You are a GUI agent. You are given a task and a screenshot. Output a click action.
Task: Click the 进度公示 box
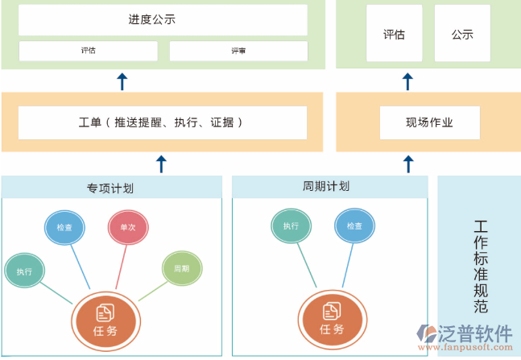pos(163,20)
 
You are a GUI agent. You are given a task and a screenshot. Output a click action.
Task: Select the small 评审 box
pos(238,51)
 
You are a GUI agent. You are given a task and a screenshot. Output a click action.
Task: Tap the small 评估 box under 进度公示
pos(88,51)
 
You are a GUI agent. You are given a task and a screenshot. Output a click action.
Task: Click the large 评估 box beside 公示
pos(395,34)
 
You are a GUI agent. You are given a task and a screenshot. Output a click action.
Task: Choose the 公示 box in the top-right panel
pos(461,34)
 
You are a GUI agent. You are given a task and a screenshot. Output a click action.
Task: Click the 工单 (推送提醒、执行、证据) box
pos(163,122)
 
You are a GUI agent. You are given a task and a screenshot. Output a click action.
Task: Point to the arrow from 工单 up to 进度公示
pos(122,81)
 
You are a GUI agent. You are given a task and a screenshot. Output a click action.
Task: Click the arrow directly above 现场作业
pos(407,81)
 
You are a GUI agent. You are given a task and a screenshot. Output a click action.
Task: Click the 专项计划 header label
pos(111,188)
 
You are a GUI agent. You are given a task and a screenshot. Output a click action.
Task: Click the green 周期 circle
pos(181,268)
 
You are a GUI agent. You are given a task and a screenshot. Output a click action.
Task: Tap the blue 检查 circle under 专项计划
pos(64,228)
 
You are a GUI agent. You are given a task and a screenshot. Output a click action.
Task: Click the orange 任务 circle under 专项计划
pos(105,319)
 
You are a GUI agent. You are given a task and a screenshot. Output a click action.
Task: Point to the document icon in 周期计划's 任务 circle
pos(331,311)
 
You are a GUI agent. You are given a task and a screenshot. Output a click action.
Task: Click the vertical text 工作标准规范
pos(481,266)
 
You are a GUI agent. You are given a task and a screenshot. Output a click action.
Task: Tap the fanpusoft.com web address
pos(476,348)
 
